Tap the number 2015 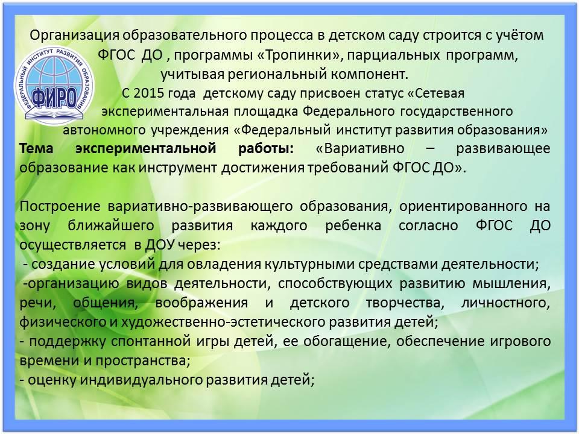pyautogui.click(x=149, y=93)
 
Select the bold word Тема pyautogui.click(x=36, y=148)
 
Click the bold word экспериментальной pyautogui.click(x=145, y=149)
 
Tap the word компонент pyautogui.click(x=370, y=74)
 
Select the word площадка pyautogui.click(x=265, y=112)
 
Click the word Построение pyautogui.click(x=60, y=206)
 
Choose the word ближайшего pyautogui.click(x=111, y=225)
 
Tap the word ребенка pyautogui.click(x=353, y=225)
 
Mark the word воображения pyautogui.click(x=201, y=303)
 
